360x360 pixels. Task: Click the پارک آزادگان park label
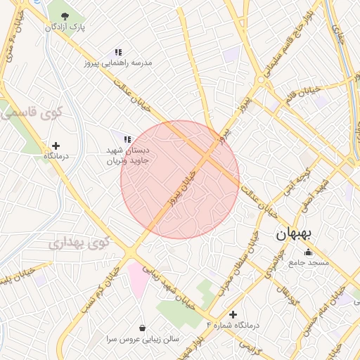pyautogui.click(x=65, y=27)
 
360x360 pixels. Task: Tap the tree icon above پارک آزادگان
pyautogui.click(x=65, y=15)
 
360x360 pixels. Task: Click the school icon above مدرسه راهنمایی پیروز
pyautogui.click(x=119, y=52)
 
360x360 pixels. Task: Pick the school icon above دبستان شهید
pyautogui.click(x=127, y=139)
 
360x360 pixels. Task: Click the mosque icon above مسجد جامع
pyautogui.click(x=307, y=252)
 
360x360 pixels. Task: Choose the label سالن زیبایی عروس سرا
pyautogui.click(x=140, y=338)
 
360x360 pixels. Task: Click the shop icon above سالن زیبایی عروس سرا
pyautogui.click(x=143, y=328)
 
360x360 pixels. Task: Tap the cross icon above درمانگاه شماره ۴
pyautogui.click(x=233, y=314)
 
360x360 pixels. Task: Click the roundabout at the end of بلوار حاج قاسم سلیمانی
pyautogui.click(x=261, y=82)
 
